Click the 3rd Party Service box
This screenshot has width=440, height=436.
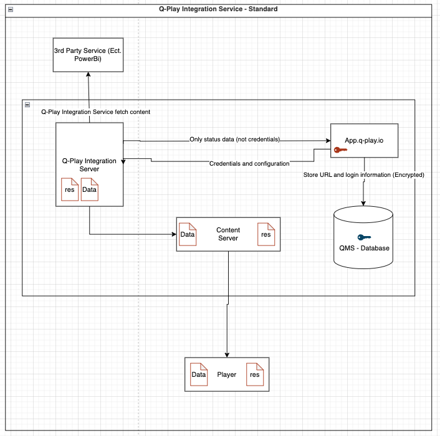88,55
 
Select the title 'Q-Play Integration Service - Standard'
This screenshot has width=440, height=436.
218,9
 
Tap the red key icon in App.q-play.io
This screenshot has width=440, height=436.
340,150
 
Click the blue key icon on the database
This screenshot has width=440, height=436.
364,237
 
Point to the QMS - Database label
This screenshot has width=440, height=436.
364,248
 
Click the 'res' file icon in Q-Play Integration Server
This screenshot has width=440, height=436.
70,189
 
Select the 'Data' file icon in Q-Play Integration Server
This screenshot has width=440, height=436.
90,189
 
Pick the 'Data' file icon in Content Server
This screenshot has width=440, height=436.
188,234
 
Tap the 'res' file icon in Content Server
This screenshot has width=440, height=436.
266,234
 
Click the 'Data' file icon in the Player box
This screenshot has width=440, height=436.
199,374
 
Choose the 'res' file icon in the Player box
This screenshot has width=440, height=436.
255,374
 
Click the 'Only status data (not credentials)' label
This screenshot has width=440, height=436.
234,140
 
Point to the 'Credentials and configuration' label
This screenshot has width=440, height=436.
249,163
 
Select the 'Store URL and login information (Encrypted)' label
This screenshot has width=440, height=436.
364,174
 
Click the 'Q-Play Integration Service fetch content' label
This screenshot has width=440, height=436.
96,112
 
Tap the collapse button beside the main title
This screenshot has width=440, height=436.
11,9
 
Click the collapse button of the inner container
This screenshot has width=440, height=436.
27,105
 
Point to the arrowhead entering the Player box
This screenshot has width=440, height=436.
227,355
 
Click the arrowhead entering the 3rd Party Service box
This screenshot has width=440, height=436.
88,74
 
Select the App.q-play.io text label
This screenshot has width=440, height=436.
364,141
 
